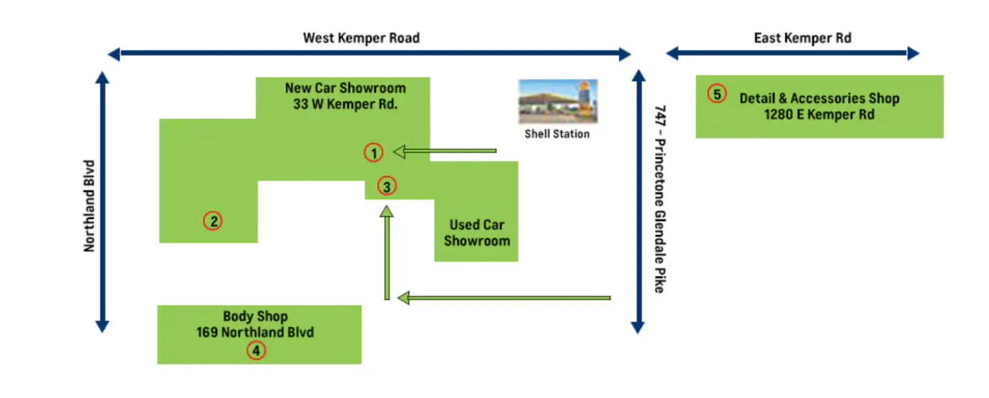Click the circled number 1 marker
tap(373, 152)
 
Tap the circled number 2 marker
tap(212, 221)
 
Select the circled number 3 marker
tap(387, 186)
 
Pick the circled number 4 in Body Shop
tap(256, 351)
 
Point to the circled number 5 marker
tap(717, 94)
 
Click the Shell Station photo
tap(558, 101)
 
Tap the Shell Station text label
tap(557, 134)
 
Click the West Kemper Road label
tap(361, 38)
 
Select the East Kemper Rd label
tap(802, 38)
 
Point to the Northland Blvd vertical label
tap(89, 206)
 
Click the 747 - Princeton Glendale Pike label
tap(659, 199)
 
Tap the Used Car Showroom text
tap(476, 233)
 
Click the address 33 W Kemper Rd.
tap(345, 104)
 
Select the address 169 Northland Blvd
tap(255, 332)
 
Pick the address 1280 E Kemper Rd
tap(819, 115)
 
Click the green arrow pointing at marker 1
tap(445, 151)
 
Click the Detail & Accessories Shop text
tap(819, 98)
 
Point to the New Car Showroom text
tap(345, 88)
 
